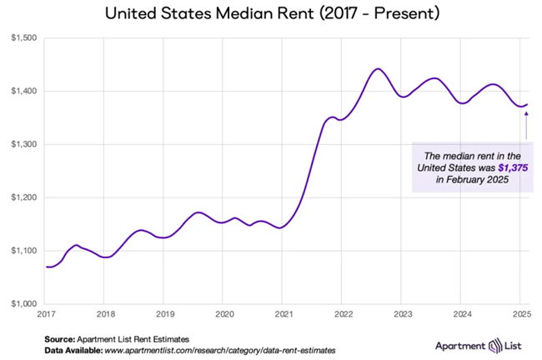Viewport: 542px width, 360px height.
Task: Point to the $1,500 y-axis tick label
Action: (23, 37)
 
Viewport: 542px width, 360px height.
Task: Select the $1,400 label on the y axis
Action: (23, 91)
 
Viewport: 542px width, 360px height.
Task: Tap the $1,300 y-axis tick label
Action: (23, 144)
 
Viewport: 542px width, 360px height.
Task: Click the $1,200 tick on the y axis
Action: (23, 197)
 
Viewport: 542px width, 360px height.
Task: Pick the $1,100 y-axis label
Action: (23, 251)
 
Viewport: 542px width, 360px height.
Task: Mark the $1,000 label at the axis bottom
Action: (23, 304)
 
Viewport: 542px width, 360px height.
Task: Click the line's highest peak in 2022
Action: (377, 68)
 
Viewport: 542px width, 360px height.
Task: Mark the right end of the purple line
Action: (528, 104)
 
